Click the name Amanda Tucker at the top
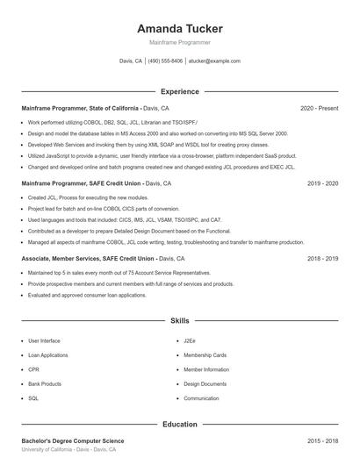[180, 28]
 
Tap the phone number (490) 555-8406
[165, 61]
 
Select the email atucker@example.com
[214, 61]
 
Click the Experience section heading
[180, 91]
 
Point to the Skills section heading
[180, 322]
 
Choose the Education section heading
[180, 425]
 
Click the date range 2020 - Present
[319, 108]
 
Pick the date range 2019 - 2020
[322, 183]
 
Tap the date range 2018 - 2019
[322, 259]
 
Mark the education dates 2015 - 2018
[322, 440]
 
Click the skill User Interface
[44, 340]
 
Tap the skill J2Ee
[189, 340]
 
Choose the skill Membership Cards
[205, 355]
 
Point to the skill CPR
[33, 369]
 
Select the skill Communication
[201, 398]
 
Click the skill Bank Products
[45, 384]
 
